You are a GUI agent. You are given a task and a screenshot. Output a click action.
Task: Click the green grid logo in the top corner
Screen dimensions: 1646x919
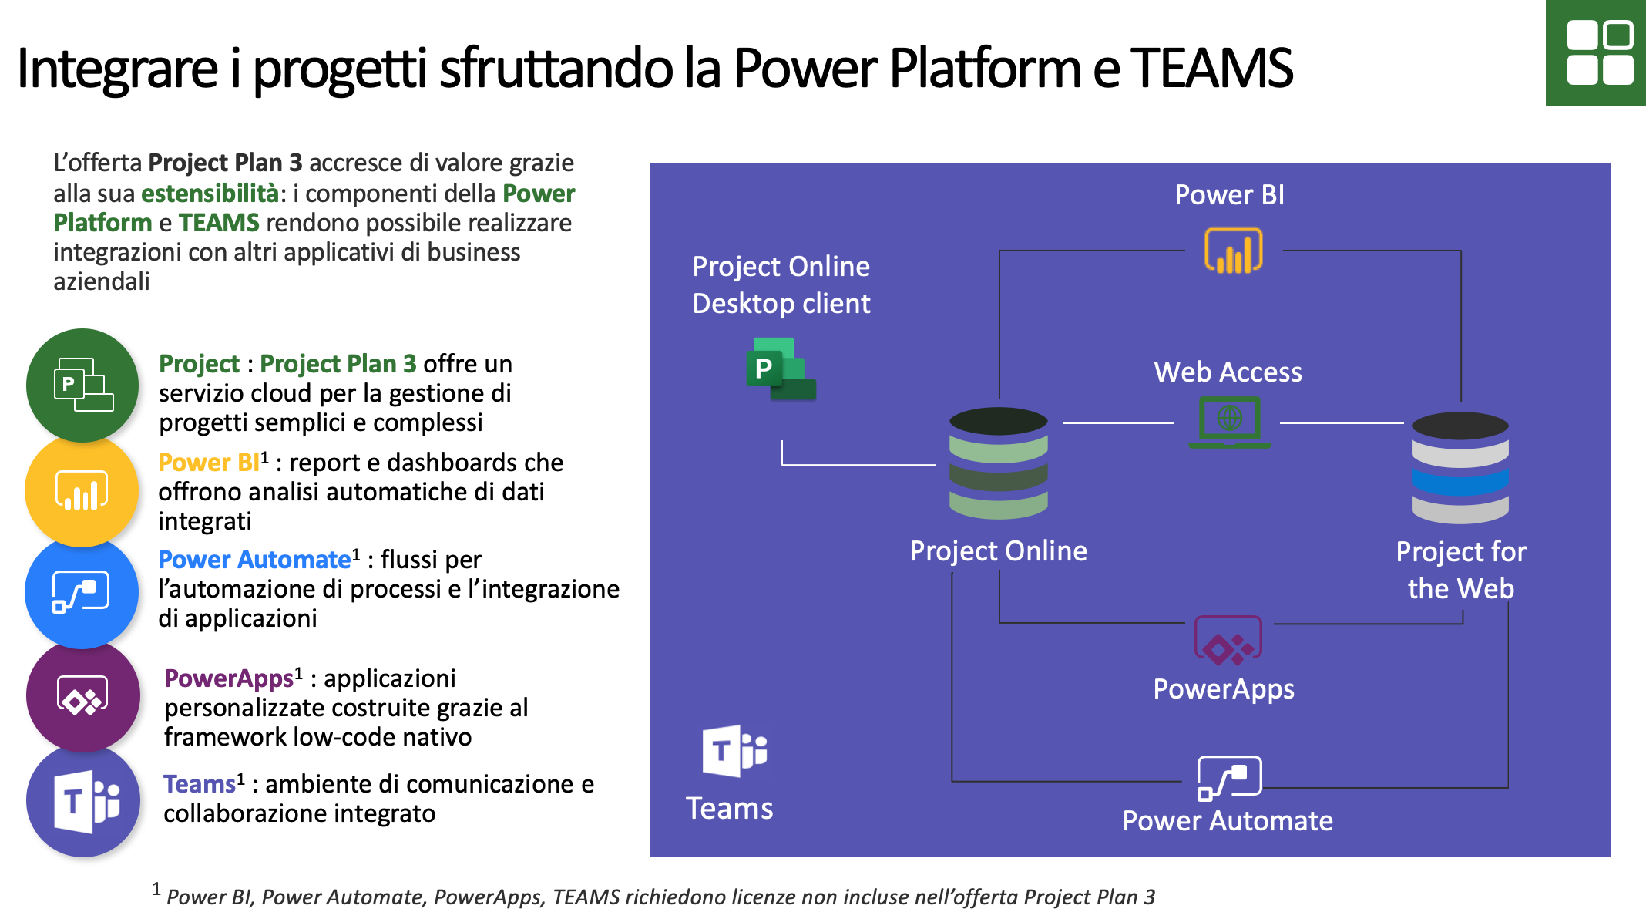coord(1596,52)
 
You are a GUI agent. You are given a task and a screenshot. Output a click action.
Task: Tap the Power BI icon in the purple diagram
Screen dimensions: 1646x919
coord(1233,251)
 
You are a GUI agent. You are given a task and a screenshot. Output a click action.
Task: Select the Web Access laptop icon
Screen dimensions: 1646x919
coord(1229,422)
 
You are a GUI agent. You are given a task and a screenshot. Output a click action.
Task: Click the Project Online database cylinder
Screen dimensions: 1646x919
coord(999,463)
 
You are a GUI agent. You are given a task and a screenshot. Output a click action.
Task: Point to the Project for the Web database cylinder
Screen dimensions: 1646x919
coord(1460,467)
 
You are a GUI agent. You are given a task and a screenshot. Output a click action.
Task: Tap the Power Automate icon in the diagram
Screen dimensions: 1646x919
coord(1229,778)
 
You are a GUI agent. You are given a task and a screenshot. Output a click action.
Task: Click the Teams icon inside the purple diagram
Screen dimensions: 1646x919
coord(734,750)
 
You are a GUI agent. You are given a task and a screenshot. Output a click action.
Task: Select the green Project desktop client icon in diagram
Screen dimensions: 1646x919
coord(781,369)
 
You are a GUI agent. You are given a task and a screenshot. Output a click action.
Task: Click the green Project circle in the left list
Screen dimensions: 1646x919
coord(82,385)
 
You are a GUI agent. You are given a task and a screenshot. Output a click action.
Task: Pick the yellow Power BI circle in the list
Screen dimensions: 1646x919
coord(82,490)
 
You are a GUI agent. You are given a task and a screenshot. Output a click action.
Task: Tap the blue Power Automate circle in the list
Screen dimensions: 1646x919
coord(82,592)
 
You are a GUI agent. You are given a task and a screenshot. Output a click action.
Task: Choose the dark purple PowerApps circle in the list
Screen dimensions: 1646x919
coord(82,695)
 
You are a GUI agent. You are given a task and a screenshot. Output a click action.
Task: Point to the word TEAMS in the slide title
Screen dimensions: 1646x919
coord(1211,68)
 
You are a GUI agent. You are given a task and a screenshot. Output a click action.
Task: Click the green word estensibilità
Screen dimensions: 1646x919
coord(210,193)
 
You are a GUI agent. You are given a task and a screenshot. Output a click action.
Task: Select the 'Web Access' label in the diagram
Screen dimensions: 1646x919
coord(1228,372)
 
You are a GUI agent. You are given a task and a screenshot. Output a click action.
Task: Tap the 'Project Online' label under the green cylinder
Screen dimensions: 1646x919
coord(998,550)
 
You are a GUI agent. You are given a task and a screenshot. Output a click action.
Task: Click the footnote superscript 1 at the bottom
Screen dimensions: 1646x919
coord(156,889)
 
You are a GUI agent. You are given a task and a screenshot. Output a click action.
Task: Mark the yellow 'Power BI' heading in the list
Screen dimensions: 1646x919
coord(209,462)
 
